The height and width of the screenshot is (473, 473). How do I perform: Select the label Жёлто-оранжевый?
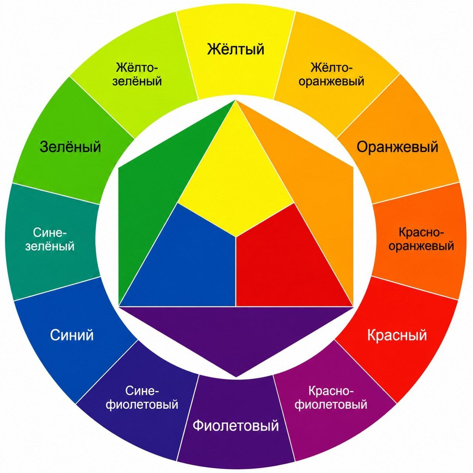(x=331, y=74)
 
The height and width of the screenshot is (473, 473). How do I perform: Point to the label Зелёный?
(x=71, y=147)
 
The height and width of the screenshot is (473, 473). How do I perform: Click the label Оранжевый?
(x=397, y=147)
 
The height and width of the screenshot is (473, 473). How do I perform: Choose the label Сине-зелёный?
(x=50, y=239)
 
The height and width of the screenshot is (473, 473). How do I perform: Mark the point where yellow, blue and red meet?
(x=236, y=237)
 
